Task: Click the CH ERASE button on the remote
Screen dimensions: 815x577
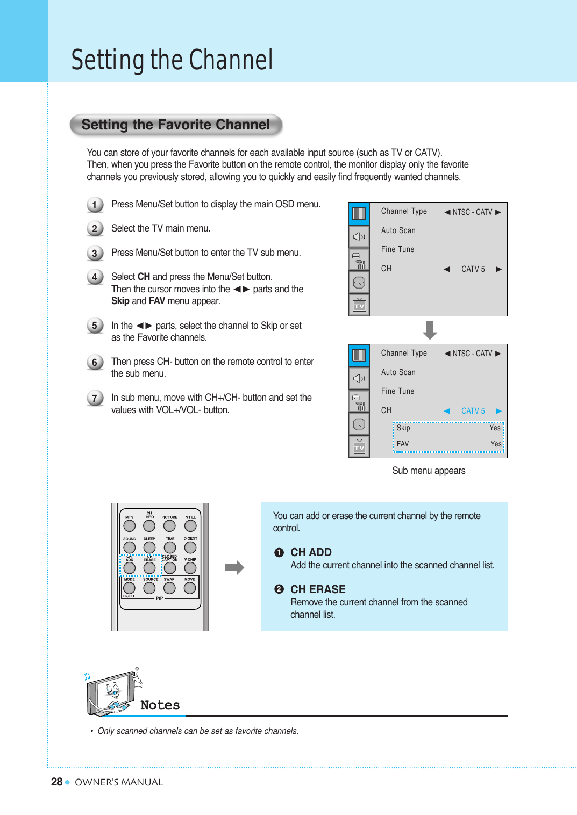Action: [x=149, y=568]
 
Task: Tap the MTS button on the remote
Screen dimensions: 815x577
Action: [x=130, y=526]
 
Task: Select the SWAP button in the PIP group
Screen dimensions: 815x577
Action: [x=169, y=588]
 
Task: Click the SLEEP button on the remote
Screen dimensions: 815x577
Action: [x=149, y=547]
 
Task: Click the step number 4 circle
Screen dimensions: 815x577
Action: [x=95, y=277]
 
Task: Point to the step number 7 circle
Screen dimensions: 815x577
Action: [x=95, y=398]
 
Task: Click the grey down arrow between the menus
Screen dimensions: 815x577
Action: [x=430, y=329]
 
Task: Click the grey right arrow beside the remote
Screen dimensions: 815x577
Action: [x=234, y=567]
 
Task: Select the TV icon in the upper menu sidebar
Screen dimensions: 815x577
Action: [x=359, y=305]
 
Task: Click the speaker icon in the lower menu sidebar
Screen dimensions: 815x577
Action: [x=359, y=378]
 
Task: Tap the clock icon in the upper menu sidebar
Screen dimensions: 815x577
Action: [x=359, y=282]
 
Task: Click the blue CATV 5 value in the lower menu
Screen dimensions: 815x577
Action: [x=473, y=411]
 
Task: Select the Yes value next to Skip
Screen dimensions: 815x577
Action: [x=495, y=428]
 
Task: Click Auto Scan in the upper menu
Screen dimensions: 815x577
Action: [x=398, y=230]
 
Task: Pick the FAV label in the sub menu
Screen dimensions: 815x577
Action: [x=403, y=444]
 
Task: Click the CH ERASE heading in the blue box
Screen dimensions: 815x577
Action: [x=318, y=589]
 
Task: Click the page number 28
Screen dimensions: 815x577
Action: [x=56, y=782]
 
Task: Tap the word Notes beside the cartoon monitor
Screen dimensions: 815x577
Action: [x=160, y=705]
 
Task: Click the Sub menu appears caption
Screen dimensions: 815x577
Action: [x=429, y=471]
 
